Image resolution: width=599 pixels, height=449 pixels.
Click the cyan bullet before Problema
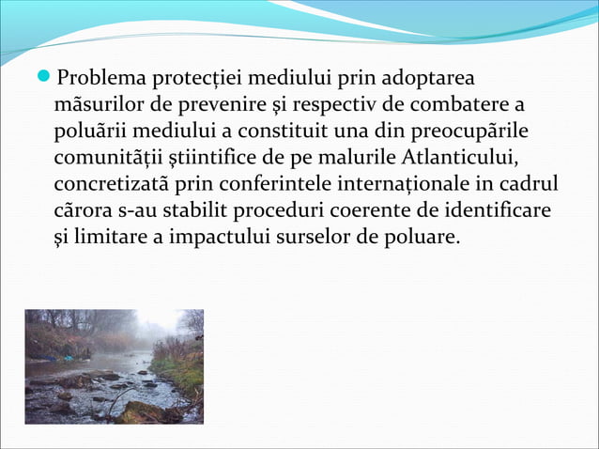click(x=48, y=74)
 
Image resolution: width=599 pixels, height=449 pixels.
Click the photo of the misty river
click(x=114, y=366)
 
